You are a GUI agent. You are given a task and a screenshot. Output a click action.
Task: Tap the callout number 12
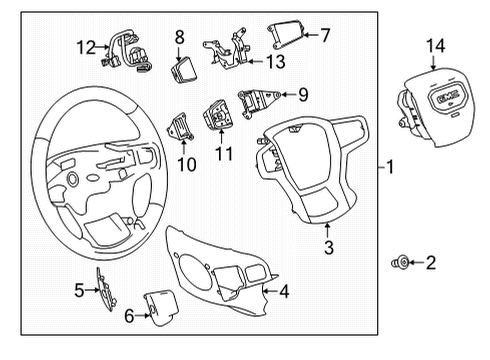click(89, 45)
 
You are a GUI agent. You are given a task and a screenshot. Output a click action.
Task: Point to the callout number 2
click(431, 263)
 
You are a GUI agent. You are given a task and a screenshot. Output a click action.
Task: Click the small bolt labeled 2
click(399, 263)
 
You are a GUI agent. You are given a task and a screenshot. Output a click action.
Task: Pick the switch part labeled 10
click(181, 126)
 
